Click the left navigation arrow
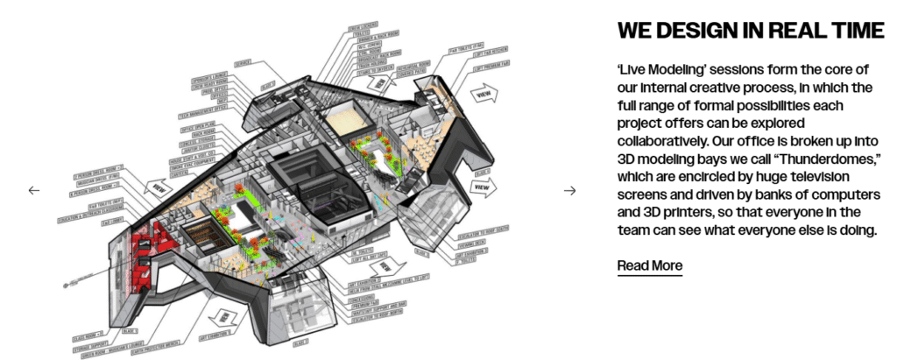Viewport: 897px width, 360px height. (x=34, y=190)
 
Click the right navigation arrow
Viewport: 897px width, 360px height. (x=569, y=190)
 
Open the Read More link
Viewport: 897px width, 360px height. (x=649, y=265)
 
